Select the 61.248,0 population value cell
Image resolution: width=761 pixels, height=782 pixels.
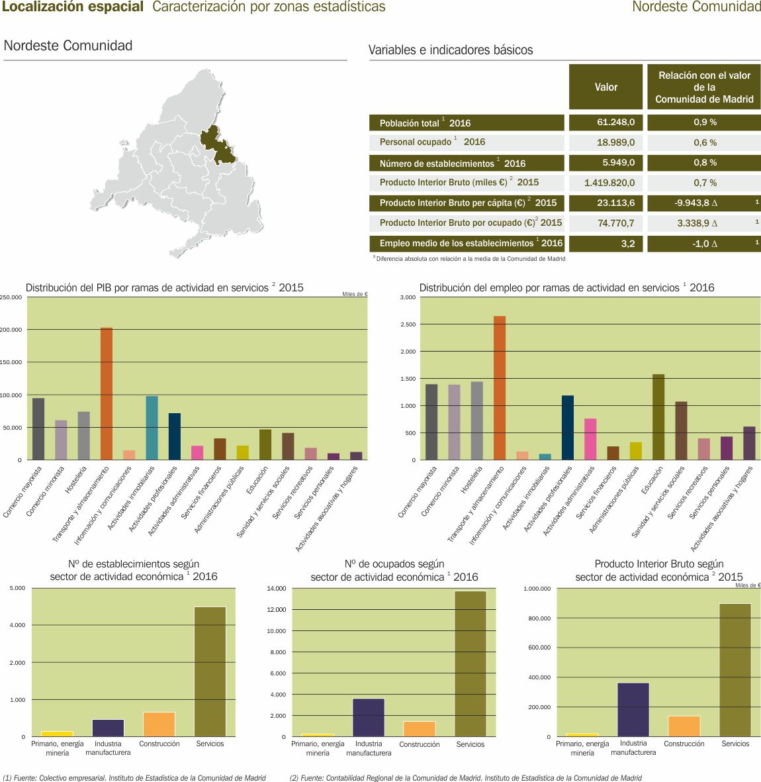[x=605, y=122]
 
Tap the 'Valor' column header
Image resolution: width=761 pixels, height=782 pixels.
[x=605, y=87]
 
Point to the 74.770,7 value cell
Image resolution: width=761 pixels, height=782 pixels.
[x=605, y=223]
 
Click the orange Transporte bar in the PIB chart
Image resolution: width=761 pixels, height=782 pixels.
[x=106, y=393]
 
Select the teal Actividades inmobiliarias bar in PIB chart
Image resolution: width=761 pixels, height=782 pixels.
[x=152, y=428]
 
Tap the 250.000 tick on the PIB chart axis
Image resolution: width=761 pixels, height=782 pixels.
[x=11, y=298]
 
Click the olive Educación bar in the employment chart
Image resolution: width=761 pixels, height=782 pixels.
[x=658, y=417]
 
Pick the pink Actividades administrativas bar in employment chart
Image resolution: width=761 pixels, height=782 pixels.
[x=590, y=439]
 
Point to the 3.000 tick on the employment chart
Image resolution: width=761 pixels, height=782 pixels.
[x=408, y=298]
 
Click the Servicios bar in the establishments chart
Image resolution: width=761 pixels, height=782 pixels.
[x=210, y=671]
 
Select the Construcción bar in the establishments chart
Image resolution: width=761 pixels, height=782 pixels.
[x=159, y=724]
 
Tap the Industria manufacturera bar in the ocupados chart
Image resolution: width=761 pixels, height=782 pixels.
[x=369, y=717]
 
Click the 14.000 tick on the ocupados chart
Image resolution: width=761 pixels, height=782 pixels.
[x=276, y=589]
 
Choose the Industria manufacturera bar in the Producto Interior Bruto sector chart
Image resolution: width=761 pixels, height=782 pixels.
[x=633, y=709]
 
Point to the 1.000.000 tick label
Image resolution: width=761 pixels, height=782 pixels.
[x=537, y=589]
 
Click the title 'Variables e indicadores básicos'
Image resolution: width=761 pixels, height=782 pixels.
[x=450, y=50]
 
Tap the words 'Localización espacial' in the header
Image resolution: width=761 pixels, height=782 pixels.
[x=73, y=7]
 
